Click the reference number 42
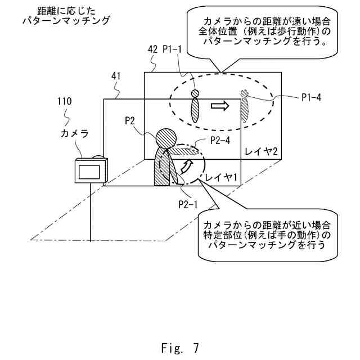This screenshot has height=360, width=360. [x=152, y=49]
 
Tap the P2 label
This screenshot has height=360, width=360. [x=131, y=120]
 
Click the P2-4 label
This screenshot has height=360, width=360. [x=220, y=141]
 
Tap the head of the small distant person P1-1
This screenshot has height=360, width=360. [x=195, y=93]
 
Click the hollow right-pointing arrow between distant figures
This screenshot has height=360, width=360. [x=220, y=105]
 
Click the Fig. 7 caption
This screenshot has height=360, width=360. [x=179, y=348]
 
